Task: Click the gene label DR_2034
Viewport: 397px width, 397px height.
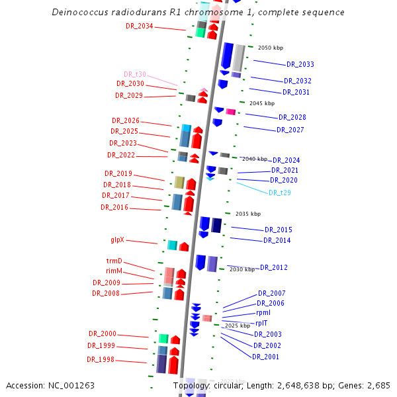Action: [x=139, y=26]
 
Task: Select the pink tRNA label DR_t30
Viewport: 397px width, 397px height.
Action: [x=134, y=74]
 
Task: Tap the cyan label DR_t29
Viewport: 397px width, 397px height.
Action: [x=280, y=193]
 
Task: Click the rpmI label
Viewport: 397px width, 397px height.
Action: [x=263, y=312]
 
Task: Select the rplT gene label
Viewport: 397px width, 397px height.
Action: [x=261, y=323]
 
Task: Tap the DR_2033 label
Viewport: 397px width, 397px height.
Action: [x=300, y=64]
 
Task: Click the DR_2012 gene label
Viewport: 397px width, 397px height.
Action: [x=273, y=267]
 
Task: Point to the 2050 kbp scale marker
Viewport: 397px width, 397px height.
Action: [x=270, y=48]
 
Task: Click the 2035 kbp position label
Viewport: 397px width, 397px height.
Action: [x=248, y=214]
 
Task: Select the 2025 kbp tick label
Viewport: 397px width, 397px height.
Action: [x=238, y=326]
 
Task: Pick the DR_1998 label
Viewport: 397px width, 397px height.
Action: [x=101, y=359]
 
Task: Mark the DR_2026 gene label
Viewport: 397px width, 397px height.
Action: [x=125, y=120]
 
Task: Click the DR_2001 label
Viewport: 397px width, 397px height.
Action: [x=265, y=357]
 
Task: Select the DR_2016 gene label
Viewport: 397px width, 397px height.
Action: [x=114, y=207]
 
